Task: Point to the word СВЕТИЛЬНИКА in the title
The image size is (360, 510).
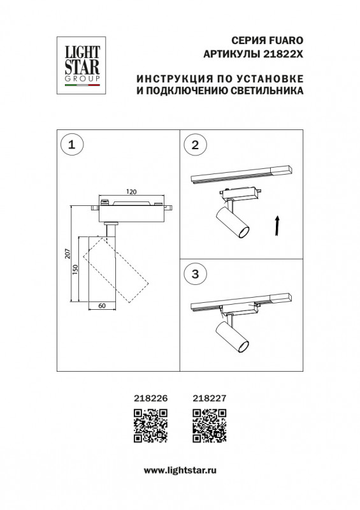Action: pyautogui.click(x=264, y=91)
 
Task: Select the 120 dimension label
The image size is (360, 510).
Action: pyautogui.click(x=131, y=191)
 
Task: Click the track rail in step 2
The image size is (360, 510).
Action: pyautogui.click(x=242, y=175)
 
